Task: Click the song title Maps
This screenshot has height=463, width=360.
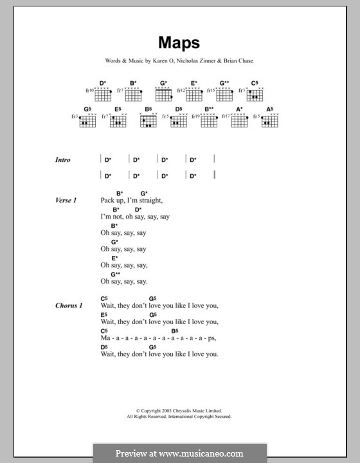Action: [179, 44]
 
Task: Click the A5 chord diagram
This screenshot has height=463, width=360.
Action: [269, 120]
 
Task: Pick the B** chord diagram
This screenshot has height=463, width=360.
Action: [210, 120]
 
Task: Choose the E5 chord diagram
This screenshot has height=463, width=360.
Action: [118, 120]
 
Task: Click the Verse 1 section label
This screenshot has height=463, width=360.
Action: [66, 201]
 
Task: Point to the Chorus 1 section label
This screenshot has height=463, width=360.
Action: [68, 305]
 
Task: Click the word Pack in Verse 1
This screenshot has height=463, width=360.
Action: [108, 201]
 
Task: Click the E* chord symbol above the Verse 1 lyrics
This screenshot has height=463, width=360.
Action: [114, 258]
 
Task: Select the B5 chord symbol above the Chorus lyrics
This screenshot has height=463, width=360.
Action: [175, 331]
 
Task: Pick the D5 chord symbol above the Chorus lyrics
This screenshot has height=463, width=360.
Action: [104, 347]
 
